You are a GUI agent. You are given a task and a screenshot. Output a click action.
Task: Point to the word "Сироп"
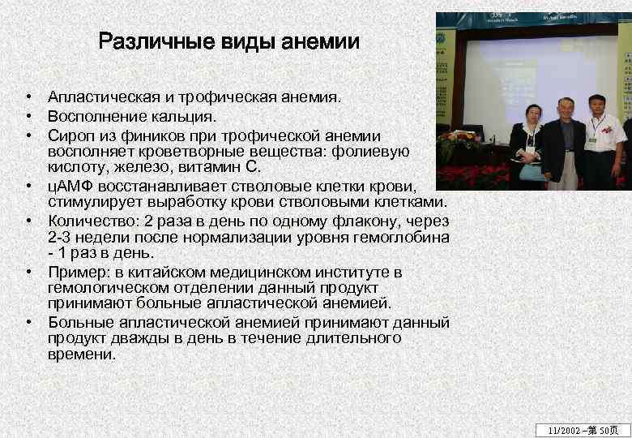70,135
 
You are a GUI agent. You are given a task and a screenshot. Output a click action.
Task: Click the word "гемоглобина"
403,237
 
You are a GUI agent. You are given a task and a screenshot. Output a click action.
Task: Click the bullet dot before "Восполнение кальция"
28,116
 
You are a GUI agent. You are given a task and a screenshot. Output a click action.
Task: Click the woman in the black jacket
527,146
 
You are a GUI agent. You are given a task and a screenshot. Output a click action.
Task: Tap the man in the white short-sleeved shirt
602,142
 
